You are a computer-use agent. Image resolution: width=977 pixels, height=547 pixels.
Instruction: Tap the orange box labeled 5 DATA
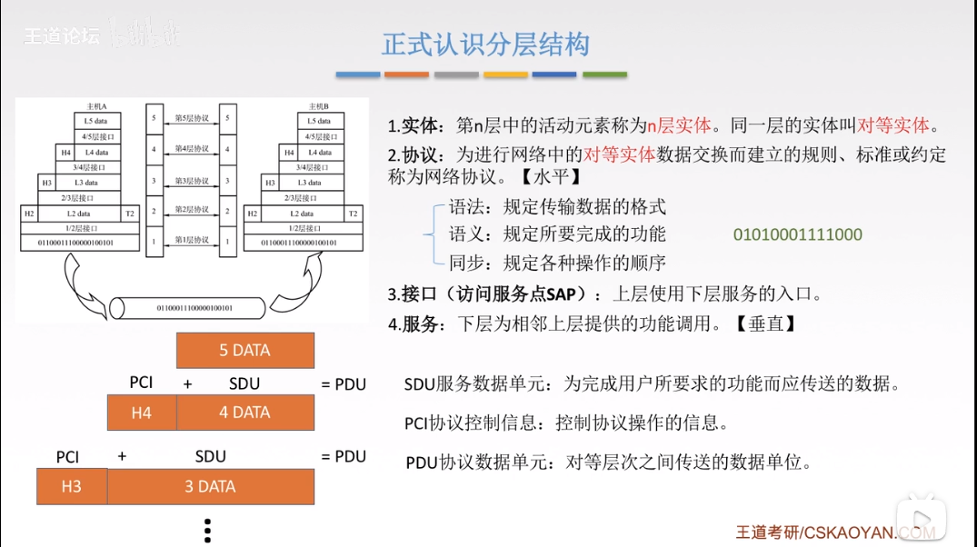tap(244, 350)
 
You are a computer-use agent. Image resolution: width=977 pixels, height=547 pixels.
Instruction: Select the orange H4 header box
tap(141, 413)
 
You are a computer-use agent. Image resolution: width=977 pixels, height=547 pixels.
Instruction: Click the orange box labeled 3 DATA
tap(210, 486)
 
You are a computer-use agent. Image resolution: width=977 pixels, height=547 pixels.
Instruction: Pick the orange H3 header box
tap(71, 486)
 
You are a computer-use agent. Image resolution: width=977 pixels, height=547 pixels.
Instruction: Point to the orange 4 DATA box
tap(244, 413)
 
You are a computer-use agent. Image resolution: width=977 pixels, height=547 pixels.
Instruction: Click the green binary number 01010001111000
tap(797, 235)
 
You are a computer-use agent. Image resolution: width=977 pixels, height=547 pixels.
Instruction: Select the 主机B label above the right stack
tap(318, 106)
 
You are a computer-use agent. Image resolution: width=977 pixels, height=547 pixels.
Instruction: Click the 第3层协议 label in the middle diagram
tap(192, 181)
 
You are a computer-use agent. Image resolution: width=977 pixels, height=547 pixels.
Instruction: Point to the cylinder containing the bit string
tap(194, 308)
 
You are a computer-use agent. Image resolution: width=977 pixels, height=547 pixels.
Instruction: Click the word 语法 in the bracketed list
tap(467, 206)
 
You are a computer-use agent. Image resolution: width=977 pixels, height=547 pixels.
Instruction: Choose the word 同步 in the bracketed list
tap(467, 264)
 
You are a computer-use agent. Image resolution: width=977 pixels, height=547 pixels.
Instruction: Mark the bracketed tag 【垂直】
tap(766, 323)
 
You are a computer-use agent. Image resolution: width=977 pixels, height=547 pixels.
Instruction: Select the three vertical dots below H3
tap(207, 530)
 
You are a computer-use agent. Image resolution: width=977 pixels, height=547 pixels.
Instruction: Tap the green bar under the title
tap(603, 75)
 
